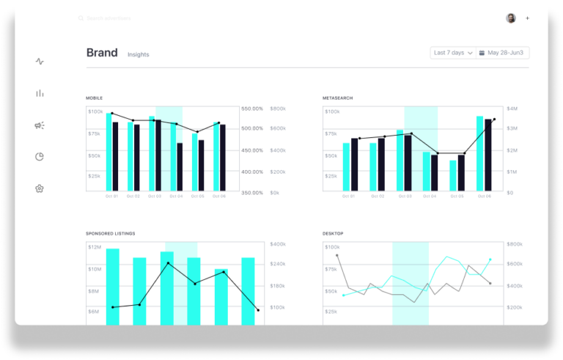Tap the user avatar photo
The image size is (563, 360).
tap(510, 18)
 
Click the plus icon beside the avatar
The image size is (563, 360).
tap(527, 18)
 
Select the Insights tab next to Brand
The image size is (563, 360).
tap(138, 55)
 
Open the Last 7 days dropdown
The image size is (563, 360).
tap(453, 53)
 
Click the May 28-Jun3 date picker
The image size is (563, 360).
tap(503, 53)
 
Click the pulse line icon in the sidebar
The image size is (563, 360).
tap(40, 62)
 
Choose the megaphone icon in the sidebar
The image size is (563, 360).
tap(40, 125)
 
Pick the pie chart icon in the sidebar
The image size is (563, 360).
tap(40, 157)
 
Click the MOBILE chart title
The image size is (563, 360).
tap(95, 98)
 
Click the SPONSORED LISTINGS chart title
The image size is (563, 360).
tap(111, 233)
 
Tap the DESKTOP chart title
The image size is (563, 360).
tap(333, 233)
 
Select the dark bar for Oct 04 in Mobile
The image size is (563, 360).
tap(180, 166)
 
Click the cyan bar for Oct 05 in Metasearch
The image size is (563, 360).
tap(453, 175)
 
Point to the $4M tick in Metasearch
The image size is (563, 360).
tap(512, 109)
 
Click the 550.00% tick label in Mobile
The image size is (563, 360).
tap(253, 109)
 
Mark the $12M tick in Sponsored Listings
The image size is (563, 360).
tap(95, 247)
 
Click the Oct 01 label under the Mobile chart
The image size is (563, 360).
tap(111, 196)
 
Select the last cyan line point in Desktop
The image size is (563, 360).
tap(490, 259)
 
